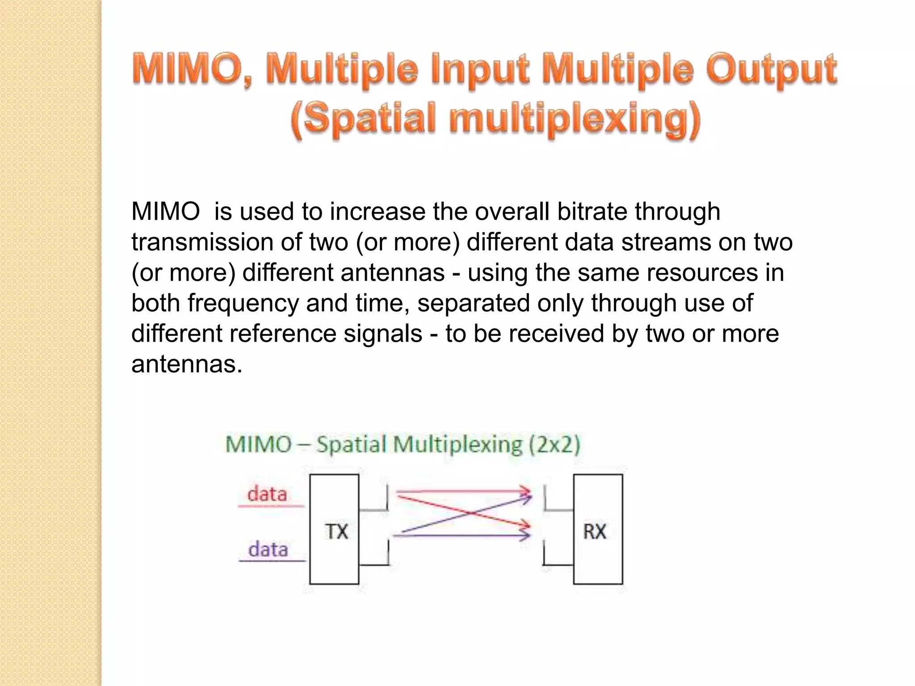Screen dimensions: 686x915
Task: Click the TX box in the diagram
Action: coord(334,529)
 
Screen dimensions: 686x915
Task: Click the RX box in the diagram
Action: coord(598,529)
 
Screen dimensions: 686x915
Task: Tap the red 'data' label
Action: coord(267,494)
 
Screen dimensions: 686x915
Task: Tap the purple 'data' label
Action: coord(268,549)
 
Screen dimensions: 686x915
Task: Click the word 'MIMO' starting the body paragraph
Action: coord(166,211)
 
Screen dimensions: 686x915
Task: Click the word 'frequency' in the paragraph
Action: coord(243,303)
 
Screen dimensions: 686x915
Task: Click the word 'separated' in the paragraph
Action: coord(474,303)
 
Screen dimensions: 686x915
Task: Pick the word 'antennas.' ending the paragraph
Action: coord(187,364)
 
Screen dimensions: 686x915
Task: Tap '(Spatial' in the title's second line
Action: coord(363,119)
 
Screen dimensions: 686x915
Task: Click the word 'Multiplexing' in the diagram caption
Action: coord(457,445)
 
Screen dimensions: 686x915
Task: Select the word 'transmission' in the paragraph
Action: coord(202,242)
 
